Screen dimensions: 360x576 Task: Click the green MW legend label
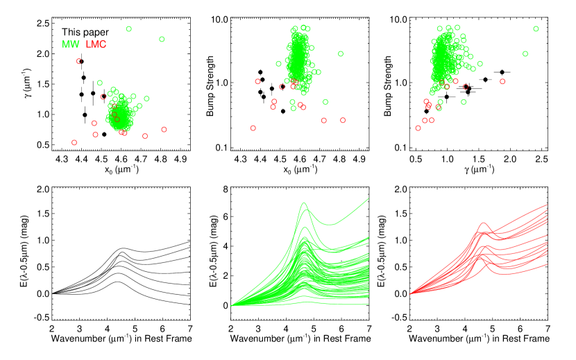pos(70,44)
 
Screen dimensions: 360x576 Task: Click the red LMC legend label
pos(96,44)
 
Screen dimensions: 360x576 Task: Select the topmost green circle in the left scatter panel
pos(128,28)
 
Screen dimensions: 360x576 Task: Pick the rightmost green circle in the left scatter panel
pos(162,39)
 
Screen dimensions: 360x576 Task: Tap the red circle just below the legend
pos(78,61)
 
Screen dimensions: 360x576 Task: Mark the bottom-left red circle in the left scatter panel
pos(74,142)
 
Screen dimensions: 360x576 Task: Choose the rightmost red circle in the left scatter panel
pos(164,129)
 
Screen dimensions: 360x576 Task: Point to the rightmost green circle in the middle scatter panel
pos(341,53)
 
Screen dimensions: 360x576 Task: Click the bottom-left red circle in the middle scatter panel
pos(253,128)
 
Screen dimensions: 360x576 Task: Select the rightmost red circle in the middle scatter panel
pos(343,120)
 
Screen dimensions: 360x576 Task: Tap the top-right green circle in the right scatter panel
pos(536,28)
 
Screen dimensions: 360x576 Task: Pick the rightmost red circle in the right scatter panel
pos(502,81)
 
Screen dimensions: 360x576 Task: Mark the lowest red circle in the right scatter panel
pos(418,128)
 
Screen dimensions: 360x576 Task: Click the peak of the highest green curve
pos(304,203)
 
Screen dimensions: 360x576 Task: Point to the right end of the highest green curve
pos(369,198)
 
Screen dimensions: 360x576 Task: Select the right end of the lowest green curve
pos(369,304)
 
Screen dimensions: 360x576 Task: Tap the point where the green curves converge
pos(232,305)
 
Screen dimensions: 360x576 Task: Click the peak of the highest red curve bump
pos(484,223)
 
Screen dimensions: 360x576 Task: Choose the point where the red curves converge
pos(411,293)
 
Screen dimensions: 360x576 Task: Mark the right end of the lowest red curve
pos(548,264)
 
